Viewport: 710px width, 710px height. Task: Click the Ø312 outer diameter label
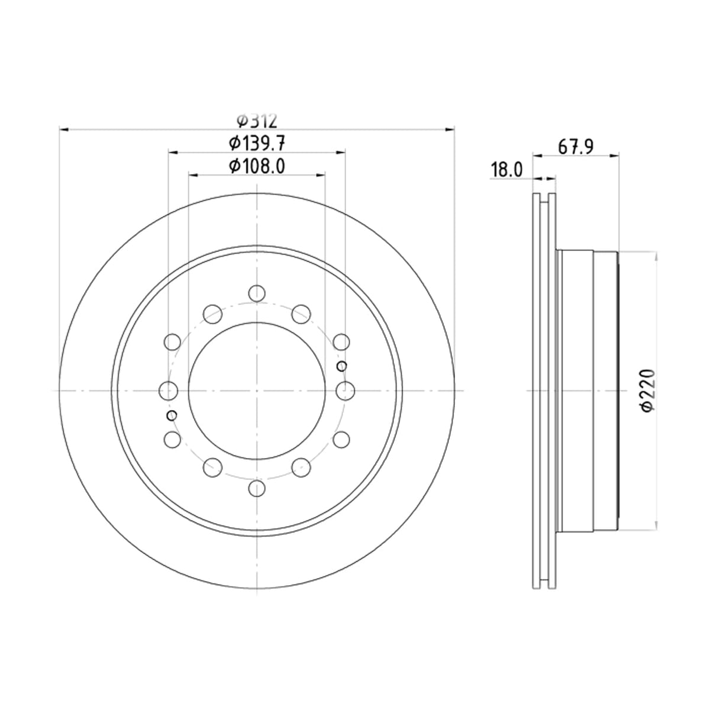point(256,121)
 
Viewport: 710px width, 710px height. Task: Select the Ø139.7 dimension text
point(256,143)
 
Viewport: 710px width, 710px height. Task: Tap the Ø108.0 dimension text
point(256,166)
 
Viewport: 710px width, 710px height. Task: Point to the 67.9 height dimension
point(576,147)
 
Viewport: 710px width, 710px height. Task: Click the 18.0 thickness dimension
point(506,170)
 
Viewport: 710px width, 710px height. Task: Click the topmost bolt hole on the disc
point(257,293)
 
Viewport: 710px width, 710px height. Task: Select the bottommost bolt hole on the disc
point(257,488)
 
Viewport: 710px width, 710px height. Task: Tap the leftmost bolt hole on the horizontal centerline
point(169,390)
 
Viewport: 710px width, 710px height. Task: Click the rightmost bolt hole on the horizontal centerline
point(345,390)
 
